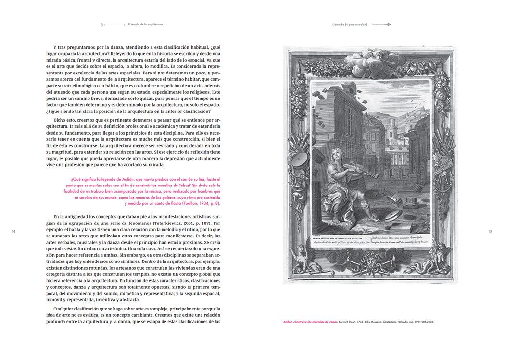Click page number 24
pos(13,232)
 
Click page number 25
pos(490,232)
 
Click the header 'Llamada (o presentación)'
pos(350,24)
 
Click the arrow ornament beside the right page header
pos(381,24)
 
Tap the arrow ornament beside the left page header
pos(112,24)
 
